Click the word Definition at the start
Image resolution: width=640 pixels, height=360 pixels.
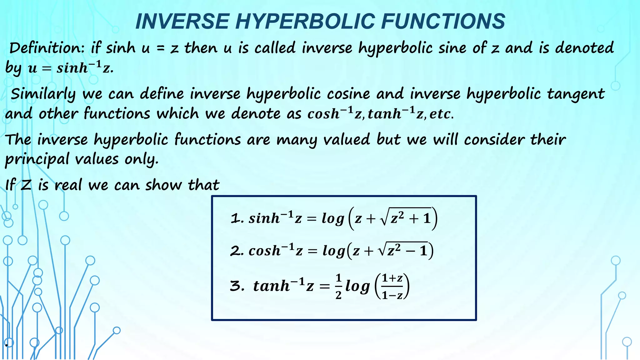(47, 48)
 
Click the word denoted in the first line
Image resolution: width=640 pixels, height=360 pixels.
(584, 48)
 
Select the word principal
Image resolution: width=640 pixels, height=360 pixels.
(37, 159)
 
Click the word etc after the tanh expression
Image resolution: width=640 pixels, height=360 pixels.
(441, 114)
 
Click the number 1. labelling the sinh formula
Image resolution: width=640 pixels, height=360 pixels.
(237, 218)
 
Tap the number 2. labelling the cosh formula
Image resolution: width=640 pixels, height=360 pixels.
(237, 251)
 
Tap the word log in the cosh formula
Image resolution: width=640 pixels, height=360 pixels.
(334, 251)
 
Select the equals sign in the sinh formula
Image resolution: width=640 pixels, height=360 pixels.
(312, 219)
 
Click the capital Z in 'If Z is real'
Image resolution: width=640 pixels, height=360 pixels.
(26, 185)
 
